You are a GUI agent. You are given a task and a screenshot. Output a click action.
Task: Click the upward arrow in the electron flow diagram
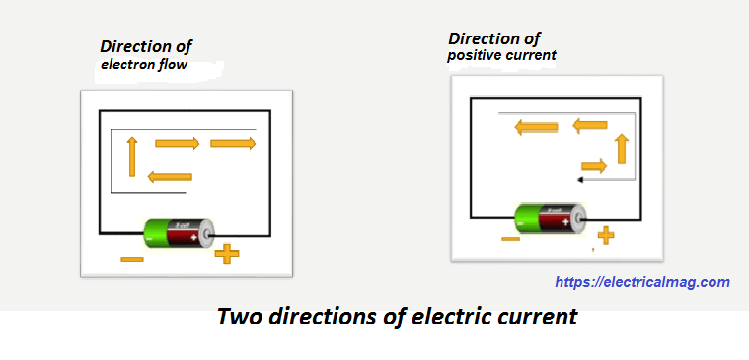131,157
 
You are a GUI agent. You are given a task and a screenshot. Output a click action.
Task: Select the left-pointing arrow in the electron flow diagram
169,177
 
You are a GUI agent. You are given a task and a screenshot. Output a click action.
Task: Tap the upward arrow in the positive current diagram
622,149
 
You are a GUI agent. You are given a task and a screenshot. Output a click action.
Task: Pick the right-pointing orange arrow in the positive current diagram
594,166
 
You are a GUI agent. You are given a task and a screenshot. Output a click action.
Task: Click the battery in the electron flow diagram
179,233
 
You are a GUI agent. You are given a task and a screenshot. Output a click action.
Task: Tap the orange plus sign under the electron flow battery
227,254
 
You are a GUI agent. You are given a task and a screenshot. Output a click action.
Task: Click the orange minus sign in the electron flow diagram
131,259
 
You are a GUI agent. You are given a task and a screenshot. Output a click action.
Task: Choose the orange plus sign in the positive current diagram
606,235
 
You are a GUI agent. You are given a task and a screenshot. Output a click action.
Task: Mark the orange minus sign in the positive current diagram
510,239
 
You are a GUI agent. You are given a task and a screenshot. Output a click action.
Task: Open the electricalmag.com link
642,282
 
